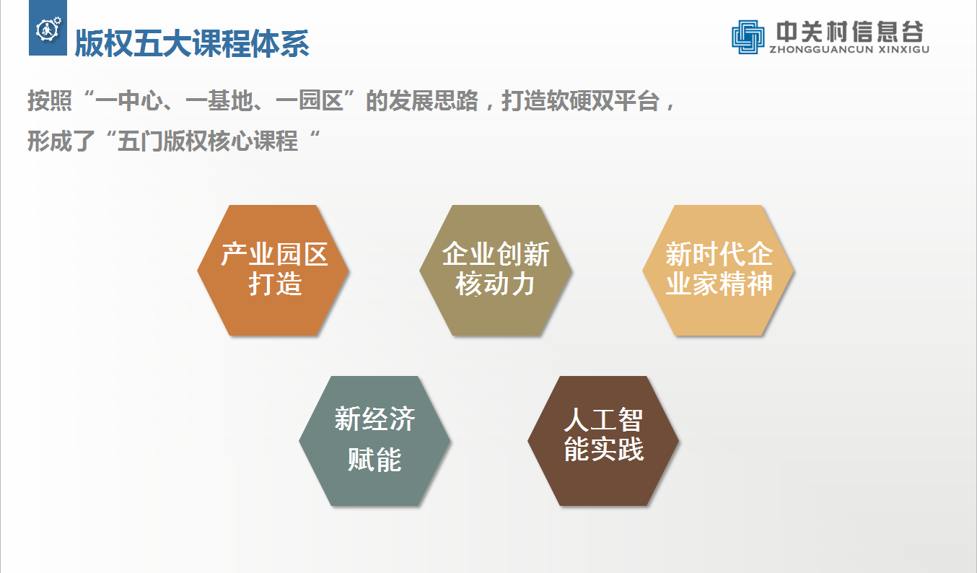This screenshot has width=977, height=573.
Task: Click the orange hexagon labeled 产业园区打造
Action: point(273,271)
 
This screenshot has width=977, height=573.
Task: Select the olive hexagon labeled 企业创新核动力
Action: point(496,271)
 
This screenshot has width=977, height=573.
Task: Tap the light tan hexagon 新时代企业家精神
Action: point(719,271)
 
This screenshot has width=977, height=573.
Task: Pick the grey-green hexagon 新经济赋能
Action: point(374,441)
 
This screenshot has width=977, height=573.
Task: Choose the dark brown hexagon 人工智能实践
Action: point(603,441)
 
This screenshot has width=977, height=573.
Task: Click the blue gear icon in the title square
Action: point(48,30)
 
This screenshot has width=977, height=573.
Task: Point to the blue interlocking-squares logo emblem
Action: point(748,37)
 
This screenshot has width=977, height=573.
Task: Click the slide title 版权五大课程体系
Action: point(192,43)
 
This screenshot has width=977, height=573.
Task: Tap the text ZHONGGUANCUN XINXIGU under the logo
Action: point(849,50)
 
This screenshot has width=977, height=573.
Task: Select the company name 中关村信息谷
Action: point(849,32)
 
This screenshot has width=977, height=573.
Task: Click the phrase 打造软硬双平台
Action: point(581,101)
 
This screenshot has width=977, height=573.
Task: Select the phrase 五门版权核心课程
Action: point(208,141)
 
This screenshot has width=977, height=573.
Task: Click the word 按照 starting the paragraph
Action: point(50,101)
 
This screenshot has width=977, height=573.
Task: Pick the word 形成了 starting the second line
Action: point(61,141)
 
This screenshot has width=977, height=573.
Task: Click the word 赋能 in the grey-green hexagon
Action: point(374,459)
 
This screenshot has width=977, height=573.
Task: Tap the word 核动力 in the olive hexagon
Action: point(496,284)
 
